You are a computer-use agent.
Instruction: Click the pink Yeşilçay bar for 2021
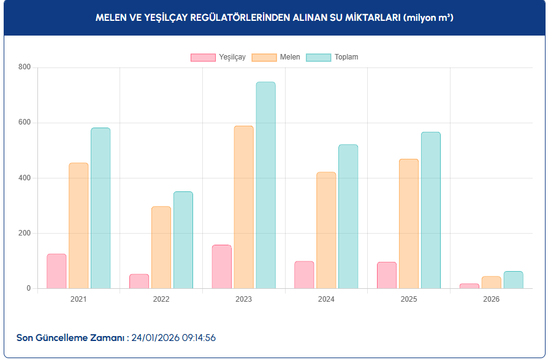pyautogui.click(x=56, y=271)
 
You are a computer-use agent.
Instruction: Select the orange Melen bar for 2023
pyautogui.click(x=243, y=207)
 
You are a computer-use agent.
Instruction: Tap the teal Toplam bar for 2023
pyautogui.click(x=265, y=185)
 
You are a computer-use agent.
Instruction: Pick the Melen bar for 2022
pyautogui.click(x=161, y=247)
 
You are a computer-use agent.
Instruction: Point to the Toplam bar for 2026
pyautogui.click(x=513, y=280)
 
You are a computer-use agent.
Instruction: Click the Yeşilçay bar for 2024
pyautogui.click(x=304, y=275)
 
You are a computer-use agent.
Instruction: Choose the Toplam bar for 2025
pyautogui.click(x=430, y=210)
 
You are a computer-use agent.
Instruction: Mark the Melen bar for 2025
pyautogui.click(x=409, y=224)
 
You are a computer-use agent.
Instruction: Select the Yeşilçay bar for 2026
pyautogui.click(x=469, y=286)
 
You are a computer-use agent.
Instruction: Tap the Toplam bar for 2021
pyautogui.click(x=101, y=208)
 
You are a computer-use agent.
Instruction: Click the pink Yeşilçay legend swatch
pyautogui.click(x=203, y=57)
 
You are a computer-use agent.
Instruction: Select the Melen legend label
pyautogui.click(x=290, y=57)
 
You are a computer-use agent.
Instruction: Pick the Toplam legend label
pyautogui.click(x=346, y=57)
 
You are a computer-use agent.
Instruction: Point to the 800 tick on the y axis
pyautogui.click(x=24, y=67)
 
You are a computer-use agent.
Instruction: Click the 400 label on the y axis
pyautogui.click(x=24, y=178)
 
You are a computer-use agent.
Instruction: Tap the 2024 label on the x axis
pyautogui.click(x=326, y=299)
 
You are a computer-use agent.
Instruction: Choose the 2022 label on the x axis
pyautogui.click(x=161, y=299)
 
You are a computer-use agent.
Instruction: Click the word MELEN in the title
pyautogui.click(x=110, y=18)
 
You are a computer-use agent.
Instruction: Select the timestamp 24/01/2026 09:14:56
pyautogui.click(x=173, y=338)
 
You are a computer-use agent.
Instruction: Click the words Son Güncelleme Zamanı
pyautogui.click(x=70, y=338)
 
